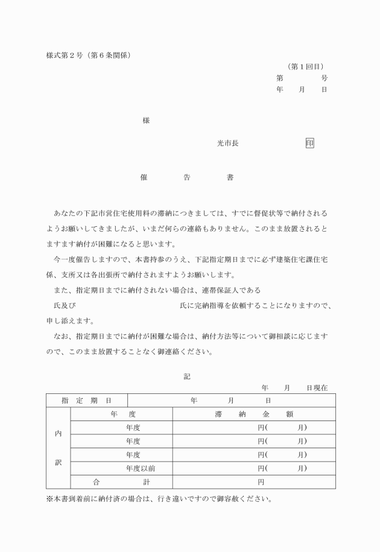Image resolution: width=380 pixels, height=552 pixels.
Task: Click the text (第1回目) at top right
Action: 308,66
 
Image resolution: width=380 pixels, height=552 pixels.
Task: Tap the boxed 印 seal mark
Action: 309,144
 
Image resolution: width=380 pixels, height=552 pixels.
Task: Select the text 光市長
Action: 228,144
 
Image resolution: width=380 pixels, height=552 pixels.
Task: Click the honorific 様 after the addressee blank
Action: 146,121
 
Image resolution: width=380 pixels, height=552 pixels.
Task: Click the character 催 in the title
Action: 144,178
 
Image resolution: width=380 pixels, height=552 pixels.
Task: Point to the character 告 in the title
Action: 187,178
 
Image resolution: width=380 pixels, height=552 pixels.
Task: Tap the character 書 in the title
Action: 230,178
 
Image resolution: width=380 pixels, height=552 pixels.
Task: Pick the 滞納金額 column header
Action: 254,414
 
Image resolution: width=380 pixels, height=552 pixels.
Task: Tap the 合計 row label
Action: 121,482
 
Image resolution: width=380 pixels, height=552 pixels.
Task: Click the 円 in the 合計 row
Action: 261,482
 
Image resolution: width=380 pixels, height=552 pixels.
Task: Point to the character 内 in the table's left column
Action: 58,434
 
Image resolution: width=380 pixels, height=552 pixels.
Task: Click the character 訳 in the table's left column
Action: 58,462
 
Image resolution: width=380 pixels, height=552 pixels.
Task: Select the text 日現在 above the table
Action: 317,388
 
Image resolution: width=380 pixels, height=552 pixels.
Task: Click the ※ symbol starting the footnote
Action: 49,500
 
